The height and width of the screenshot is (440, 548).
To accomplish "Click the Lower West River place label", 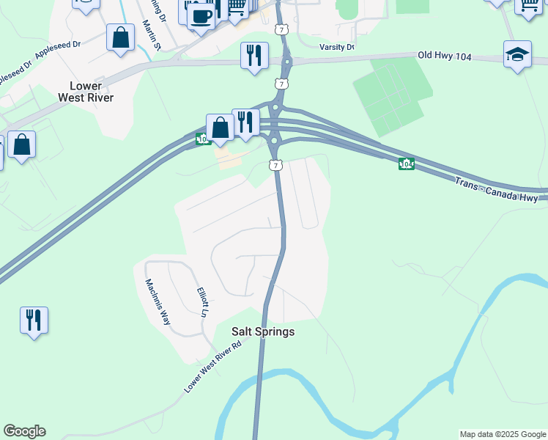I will [x=86, y=91].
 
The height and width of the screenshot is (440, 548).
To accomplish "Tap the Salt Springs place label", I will [x=263, y=331].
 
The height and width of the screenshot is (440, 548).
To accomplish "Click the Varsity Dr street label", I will [x=337, y=47].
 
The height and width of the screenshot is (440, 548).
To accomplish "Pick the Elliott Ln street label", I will [x=203, y=301].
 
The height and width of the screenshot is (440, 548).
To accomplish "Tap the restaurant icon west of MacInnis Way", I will [x=34, y=320].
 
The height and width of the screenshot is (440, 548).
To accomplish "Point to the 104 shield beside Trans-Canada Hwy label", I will [x=406, y=164].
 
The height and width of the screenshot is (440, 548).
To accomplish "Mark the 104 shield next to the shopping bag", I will [x=201, y=139].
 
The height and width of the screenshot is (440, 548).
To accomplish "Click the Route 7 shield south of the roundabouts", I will [x=275, y=165].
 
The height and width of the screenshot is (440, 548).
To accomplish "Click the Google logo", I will [x=24, y=431].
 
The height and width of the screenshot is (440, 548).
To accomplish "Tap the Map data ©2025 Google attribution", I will [x=503, y=434].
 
